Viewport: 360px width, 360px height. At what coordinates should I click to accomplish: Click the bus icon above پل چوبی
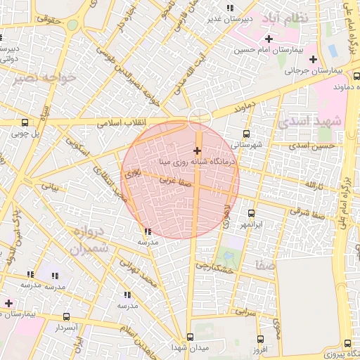(x=26, y=122)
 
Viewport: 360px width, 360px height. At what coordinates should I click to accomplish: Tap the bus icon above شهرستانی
(x=246, y=134)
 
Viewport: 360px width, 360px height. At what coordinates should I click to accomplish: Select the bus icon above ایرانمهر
(x=251, y=213)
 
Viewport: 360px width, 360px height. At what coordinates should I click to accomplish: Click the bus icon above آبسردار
(x=66, y=317)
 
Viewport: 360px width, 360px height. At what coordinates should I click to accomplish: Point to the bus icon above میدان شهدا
(x=190, y=337)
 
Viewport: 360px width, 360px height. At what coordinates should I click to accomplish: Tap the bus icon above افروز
(x=259, y=338)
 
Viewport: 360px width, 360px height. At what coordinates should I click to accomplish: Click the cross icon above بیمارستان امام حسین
(x=269, y=39)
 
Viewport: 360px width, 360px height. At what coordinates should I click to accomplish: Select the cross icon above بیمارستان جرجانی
(x=313, y=59)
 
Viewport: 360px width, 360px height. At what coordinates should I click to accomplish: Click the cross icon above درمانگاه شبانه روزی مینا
(x=197, y=150)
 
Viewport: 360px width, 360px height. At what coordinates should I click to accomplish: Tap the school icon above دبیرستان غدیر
(x=230, y=8)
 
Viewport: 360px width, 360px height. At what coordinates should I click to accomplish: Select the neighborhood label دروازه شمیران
(x=89, y=240)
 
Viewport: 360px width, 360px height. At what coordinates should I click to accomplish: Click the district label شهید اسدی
(x=309, y=120)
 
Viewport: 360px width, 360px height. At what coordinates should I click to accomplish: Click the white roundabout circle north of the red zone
(x=200, y=117)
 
